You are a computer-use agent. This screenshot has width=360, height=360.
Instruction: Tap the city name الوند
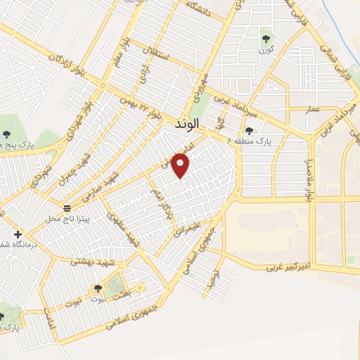187,123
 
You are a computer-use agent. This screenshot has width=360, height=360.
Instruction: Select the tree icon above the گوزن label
266,38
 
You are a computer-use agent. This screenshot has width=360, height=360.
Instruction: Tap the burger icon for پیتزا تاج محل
67,208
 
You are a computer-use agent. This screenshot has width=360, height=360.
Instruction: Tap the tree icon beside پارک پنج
7,134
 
